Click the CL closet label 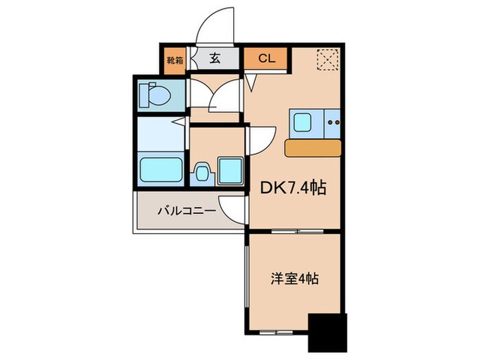coord(266,59)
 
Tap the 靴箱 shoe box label coord(174,59)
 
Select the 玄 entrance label coord(215,59)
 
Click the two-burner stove coord(334,123)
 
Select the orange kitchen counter coord(313,147)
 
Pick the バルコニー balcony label coord(179,210)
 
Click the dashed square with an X coord(328,60)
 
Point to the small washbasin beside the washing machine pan coord(203,171)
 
